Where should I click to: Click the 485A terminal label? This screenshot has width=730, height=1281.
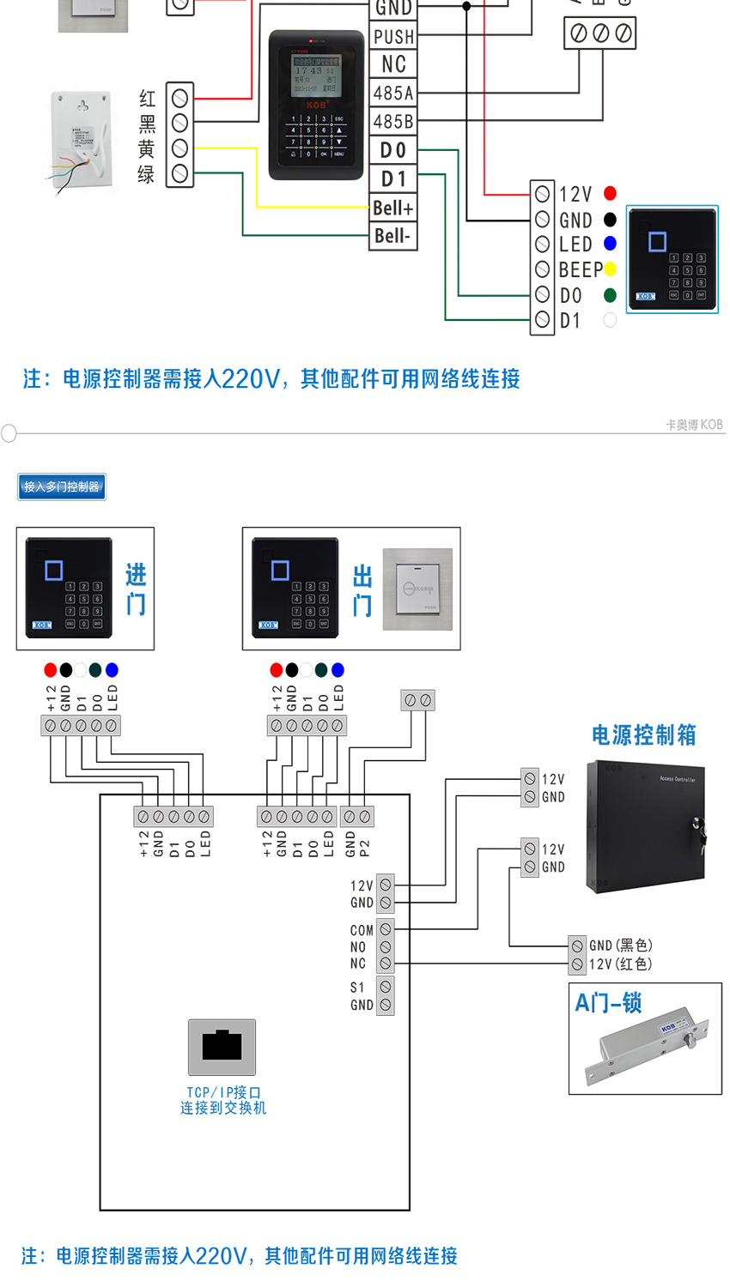(x=393, y=93)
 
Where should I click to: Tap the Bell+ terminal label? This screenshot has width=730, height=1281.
(x=393, y=208)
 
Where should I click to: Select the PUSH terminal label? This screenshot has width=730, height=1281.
(x=393, y=37)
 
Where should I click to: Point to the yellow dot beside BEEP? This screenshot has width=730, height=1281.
(x=610, y=269)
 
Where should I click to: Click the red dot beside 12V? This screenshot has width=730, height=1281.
(x=610, y=193)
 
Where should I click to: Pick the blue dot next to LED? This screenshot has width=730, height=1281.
(x=610, y=244)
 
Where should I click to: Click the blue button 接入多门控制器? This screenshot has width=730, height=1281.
(x=62, y=486)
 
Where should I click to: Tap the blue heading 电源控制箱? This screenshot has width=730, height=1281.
(x=643, y=735)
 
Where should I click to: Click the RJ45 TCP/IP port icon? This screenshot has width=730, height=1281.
(x=222, y=1047)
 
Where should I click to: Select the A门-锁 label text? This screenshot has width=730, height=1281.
(x=608, y=1003)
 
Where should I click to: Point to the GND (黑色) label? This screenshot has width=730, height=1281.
(x=620, y=946)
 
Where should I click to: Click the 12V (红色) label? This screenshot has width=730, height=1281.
(x=620, y=964)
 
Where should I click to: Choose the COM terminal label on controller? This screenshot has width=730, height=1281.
(x=362, y=930)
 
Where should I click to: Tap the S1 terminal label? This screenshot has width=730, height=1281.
(x=357, y=988)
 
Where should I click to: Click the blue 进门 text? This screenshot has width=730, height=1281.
(x=136, y=589)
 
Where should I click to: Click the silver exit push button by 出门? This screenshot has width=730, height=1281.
(x=417, y=589)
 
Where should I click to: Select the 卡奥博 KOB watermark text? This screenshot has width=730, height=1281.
(x=694, y=425)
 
